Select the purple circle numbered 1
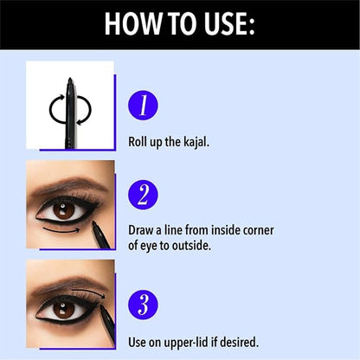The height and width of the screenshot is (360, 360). coord(143,106)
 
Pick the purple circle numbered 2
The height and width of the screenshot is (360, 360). coord(143,195)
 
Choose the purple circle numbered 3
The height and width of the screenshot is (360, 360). coord(143,305)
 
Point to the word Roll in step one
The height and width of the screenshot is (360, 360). coord(137,142)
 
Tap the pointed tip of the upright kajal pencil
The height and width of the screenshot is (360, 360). coord(69,79)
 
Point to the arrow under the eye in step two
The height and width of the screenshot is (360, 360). coord(61,231)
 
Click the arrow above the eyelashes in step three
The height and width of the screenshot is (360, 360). coord(89,292)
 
